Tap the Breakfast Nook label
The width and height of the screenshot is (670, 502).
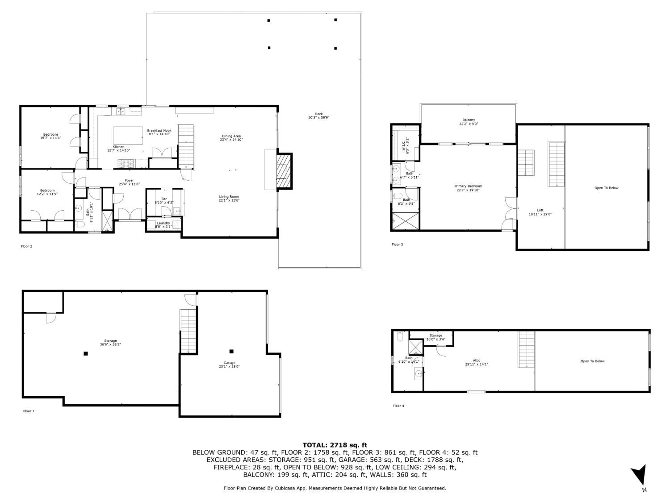tap(159, 131)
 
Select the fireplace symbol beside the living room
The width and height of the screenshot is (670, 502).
tap(283, 171)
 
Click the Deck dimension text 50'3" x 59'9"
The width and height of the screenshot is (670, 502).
tap(318, 118)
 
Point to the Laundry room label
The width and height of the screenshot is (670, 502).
tap(163, 223)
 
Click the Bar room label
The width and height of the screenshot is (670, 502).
tap(164, 199)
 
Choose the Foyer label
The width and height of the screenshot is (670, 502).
tap(129, 180)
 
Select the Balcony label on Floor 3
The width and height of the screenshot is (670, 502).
tap(469, 120)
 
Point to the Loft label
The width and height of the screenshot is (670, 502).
tap(540, 210)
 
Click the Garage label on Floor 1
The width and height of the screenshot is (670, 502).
tap(230, 363)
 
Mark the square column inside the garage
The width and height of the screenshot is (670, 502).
tap(231, 351)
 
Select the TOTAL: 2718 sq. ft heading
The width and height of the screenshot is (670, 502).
tap(335, 445)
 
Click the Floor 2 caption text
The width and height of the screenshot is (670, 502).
tap(26, 246)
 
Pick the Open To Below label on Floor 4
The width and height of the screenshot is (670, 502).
tap(592, 361)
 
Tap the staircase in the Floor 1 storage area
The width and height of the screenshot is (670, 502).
tap(188, 331)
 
